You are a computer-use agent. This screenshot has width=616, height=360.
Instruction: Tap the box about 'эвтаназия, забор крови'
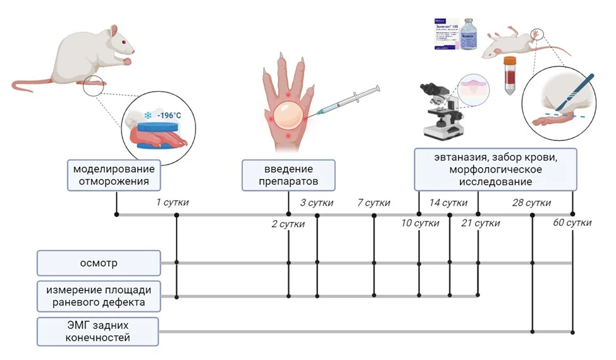pyautogui.click(x=495, y=169)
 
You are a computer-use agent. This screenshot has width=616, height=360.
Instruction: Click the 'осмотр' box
pyautogui.click(x=99, y=263)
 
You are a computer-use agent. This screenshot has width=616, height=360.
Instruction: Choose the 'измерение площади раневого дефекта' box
pyautogui.click(x=99, y=296)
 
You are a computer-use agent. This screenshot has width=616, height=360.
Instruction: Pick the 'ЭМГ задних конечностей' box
pyautogui.click(x=99, y=332)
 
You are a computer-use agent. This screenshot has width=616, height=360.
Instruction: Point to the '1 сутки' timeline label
pyautogui.click(x=172, y=202)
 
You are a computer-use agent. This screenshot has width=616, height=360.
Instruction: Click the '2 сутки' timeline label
pyautogui.click(x=288, y=224)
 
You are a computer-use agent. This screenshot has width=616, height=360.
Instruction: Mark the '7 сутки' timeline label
pyautogui.click(x=373, y=202)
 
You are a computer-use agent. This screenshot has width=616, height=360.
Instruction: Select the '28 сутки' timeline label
pyautogui.click(x=531, y=202)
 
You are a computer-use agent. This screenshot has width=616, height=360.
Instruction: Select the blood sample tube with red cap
pyautogui.click(x=510, y=75)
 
